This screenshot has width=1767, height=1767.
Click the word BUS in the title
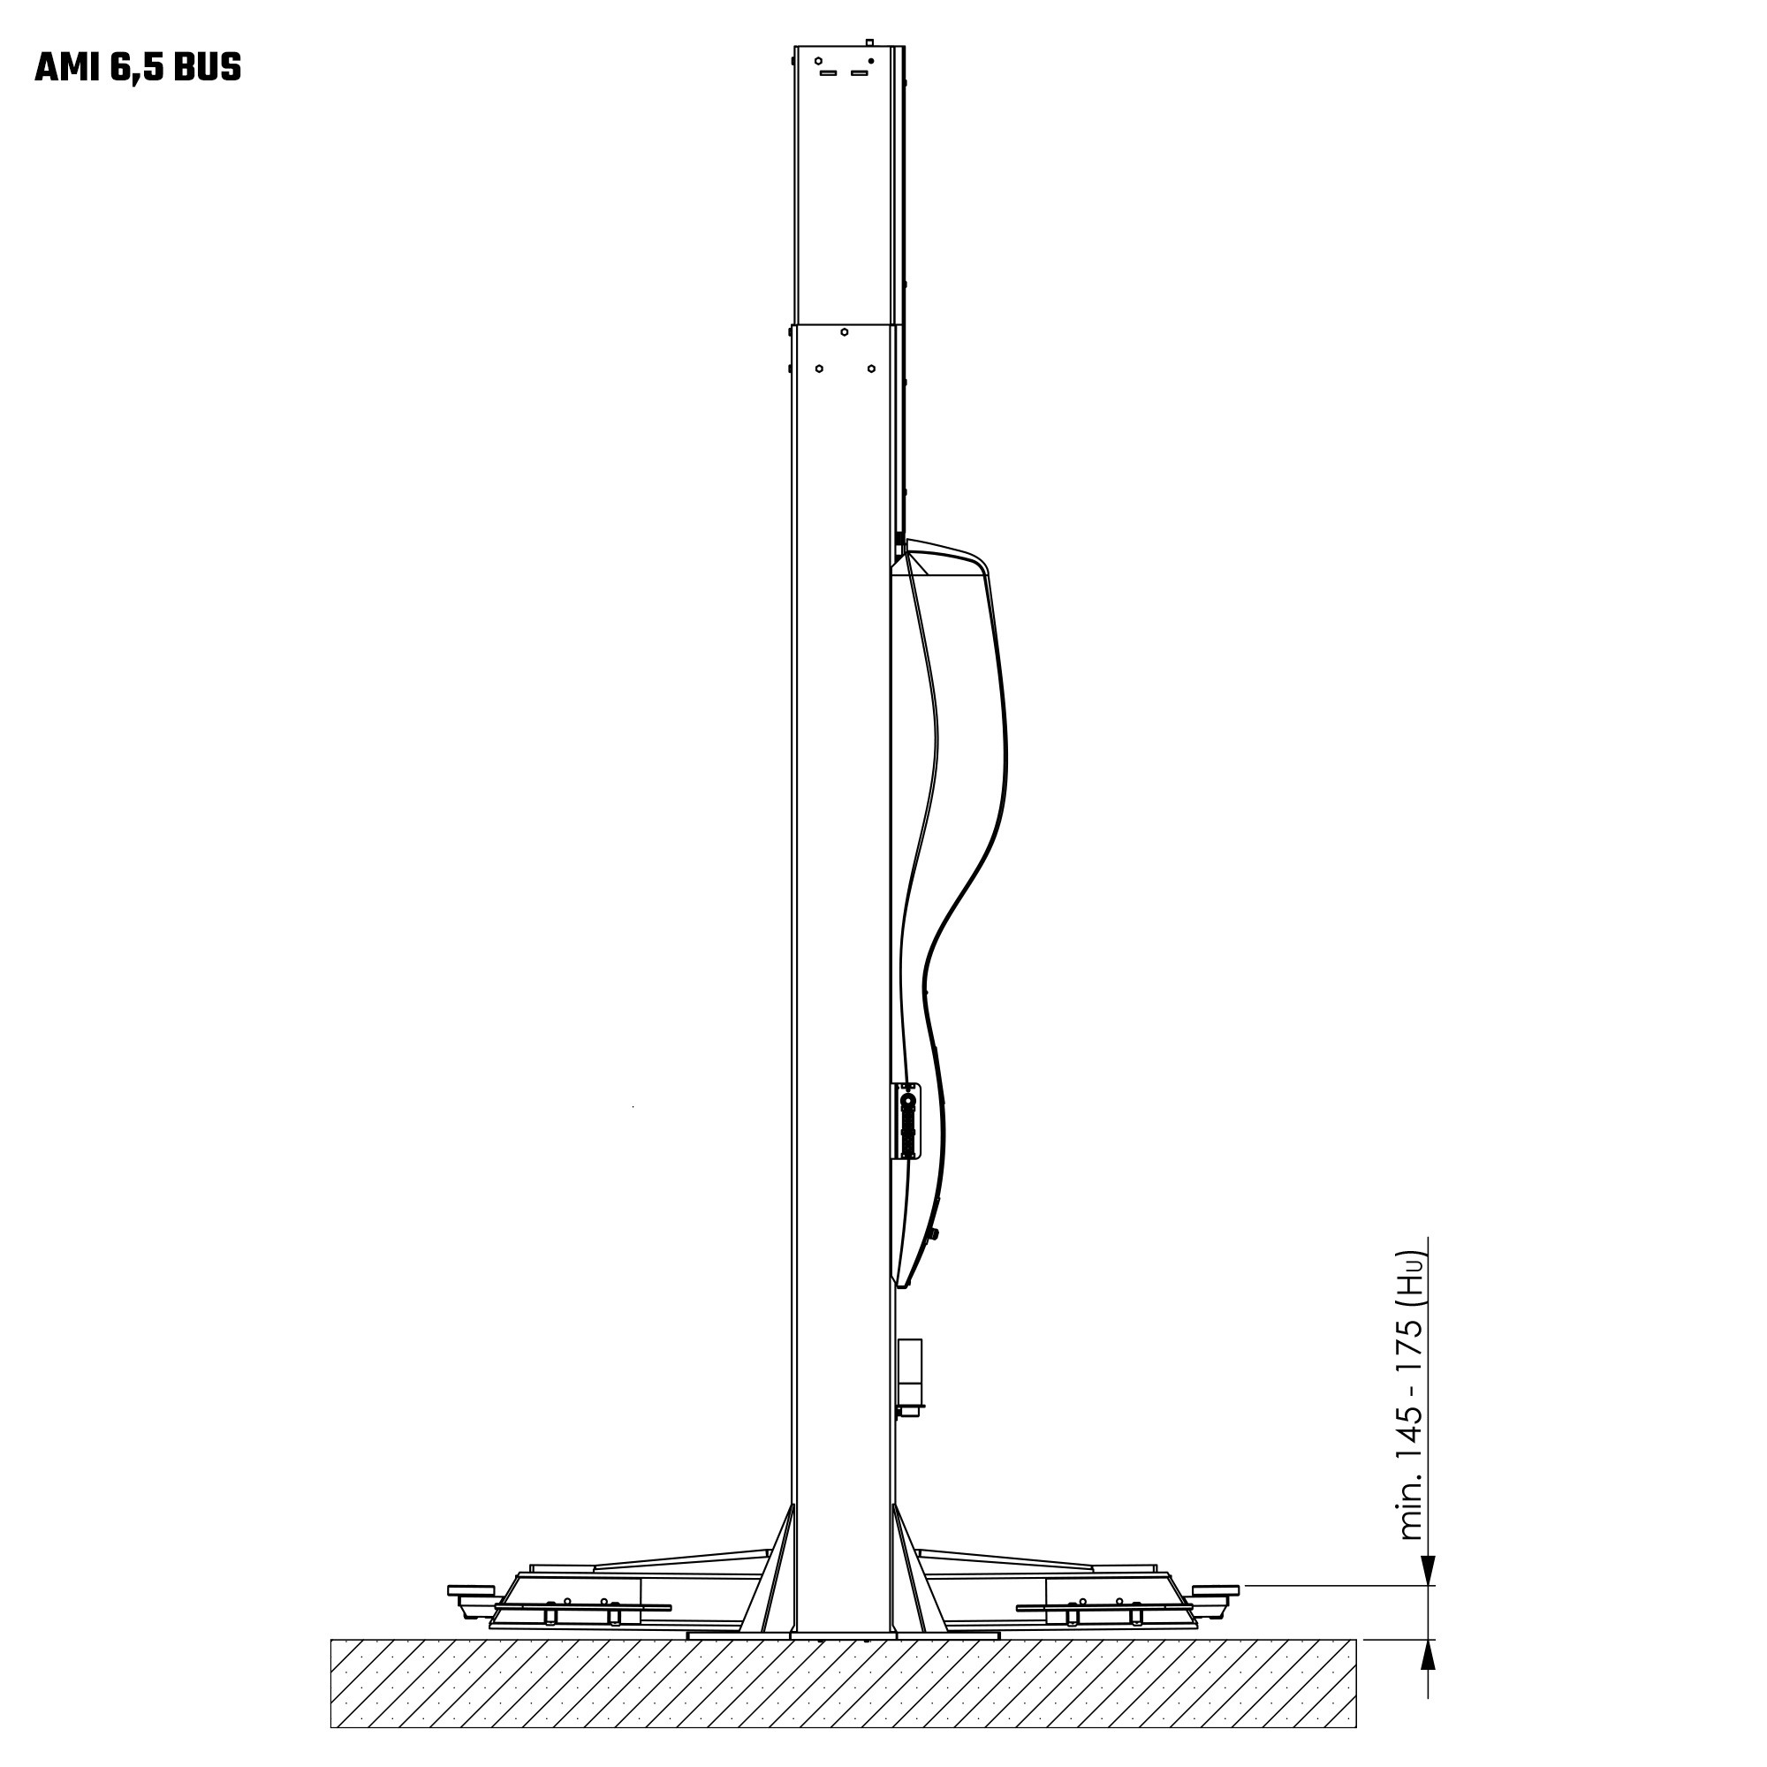point(207,69)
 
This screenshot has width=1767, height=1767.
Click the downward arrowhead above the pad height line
point(1428,1571)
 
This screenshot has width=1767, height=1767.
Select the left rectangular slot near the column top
point(829,73)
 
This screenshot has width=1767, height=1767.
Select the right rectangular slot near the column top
point(859,73)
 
